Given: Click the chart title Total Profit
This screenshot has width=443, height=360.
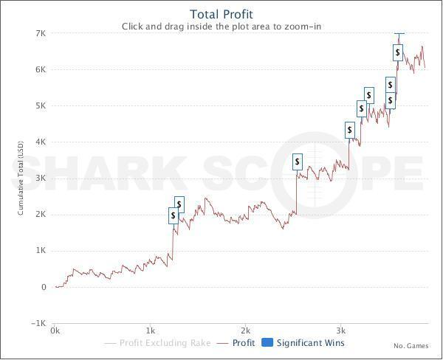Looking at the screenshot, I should (x=221, y=14).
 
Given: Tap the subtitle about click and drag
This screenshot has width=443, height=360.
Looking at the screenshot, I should (x=221, y=27).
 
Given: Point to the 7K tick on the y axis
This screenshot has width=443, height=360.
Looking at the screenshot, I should (x=40, y=33).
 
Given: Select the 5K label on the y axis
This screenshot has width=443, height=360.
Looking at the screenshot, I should (x=40, y=105).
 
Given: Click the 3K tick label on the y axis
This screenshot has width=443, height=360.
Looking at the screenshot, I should (x=40, y=178).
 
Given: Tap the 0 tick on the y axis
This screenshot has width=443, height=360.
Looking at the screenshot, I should (x=44, y=287).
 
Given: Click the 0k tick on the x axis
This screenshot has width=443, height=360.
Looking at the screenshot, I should (x=55, y=331).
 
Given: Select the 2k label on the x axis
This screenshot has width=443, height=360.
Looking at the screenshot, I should (x=245, y=331).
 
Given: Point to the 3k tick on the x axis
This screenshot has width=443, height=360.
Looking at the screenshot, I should (x=340, y=331).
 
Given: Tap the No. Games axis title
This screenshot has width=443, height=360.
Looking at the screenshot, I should (x=411, y=346).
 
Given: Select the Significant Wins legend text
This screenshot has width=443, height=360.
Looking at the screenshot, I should (x=311, y=342).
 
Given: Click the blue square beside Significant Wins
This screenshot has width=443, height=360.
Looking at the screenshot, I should (x=268, y=342).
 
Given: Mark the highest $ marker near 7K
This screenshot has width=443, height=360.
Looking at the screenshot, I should (x=398, y=52).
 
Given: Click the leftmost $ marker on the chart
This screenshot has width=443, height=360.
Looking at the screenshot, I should (x=174, y=215).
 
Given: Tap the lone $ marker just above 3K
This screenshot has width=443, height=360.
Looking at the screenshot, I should (x=298, y=162).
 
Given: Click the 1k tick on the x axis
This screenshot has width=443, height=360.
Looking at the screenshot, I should (x=150, y=331).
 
